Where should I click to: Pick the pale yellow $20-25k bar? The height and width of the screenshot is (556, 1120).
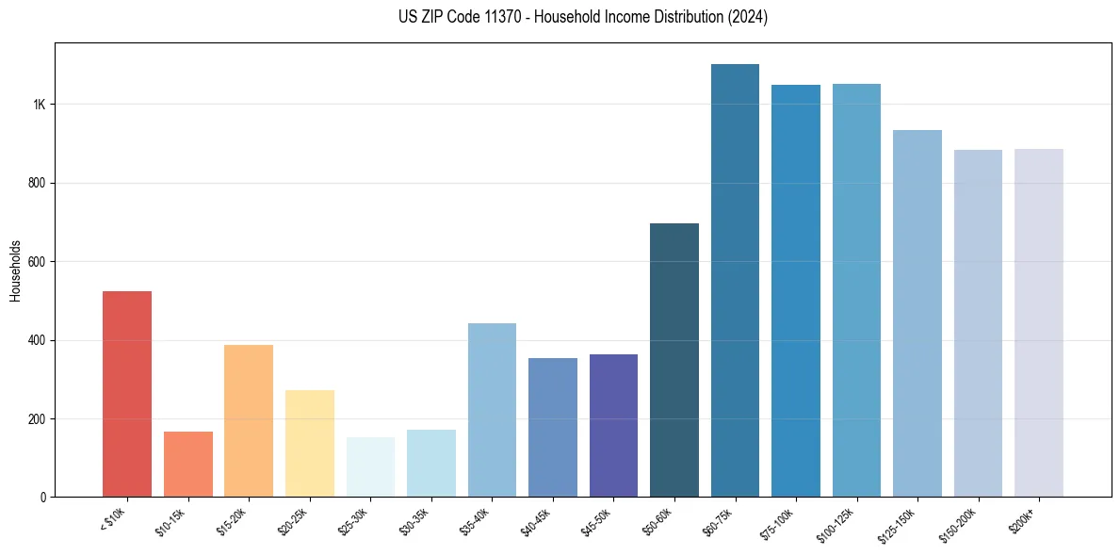pos(309,443)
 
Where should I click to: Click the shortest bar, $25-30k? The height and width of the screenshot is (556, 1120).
pos(370,466)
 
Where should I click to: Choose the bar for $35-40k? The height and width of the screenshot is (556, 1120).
pos(492,410)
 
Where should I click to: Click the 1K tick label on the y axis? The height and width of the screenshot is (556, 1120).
pos(40,105)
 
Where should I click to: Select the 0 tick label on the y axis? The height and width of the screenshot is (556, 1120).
pos(42,498)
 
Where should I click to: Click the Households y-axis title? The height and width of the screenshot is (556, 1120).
pos(15,270)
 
